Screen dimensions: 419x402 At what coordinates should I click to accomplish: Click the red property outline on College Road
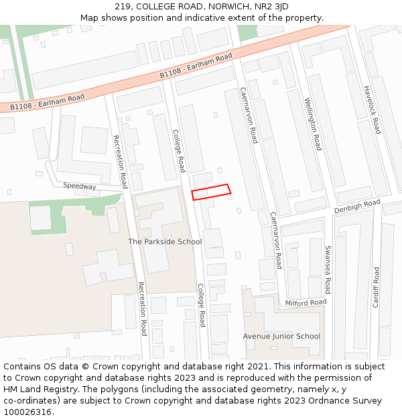pyautogui.click(x=211, y=192)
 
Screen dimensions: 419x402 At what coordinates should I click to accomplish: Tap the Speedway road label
pyautogui.click(x=80, y=186)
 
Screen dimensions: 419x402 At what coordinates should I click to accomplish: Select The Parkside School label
pyautogui.click(x=165, y=241)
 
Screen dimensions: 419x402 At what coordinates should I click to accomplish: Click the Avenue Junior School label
pyautogui.click(x=281, y=336)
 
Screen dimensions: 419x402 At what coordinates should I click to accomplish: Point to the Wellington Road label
pyautogui.click(x=313, y=124)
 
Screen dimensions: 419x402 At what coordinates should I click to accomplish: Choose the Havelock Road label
pyautogui.click(x=372, y=109)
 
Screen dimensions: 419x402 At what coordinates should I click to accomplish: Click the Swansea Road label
pyautogui.click(x=328, y=270)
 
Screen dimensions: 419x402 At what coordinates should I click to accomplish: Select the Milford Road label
pyautogui.click(x=306, y=302)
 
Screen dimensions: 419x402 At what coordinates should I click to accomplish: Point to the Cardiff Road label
pyautogui.click(x=376, y=287)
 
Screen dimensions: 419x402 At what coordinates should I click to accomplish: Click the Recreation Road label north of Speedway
pyautogui.click(x=120, y=162)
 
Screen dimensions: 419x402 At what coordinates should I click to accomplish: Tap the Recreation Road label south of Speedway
pyautogui.click(x=142, y=308)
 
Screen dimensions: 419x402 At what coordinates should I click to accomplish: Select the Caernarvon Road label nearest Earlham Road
pyautogui.click(x=249, y=115)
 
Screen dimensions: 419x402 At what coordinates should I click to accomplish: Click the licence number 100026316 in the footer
pyautogui.click(x=29, y=412)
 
